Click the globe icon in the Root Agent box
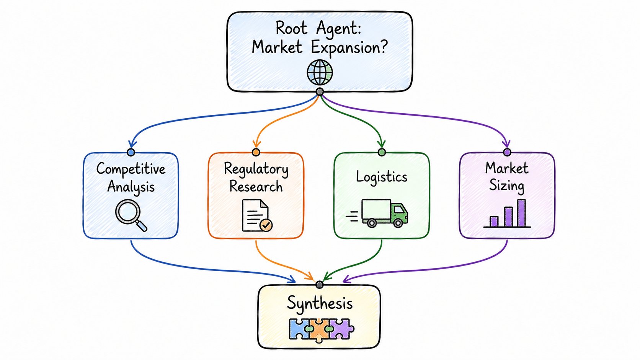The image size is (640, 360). click(320, 72)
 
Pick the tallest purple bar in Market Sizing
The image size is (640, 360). click(521, 213)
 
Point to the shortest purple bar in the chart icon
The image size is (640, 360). click(494, 221)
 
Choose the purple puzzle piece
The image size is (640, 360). click(341, 329)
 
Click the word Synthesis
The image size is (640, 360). click(320, 303)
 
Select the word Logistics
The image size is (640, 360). click(382, 177)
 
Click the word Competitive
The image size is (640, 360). click(131, 169)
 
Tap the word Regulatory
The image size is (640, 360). click(256, 169)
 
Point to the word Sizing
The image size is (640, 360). click(506, 186)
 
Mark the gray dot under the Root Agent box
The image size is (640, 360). click(320, 92)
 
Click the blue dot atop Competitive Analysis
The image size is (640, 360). click(131, 152)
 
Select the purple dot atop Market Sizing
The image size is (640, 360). click(507, 152)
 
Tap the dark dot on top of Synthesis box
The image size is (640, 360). click(320, 285)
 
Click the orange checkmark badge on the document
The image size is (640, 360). click(266, 225)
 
